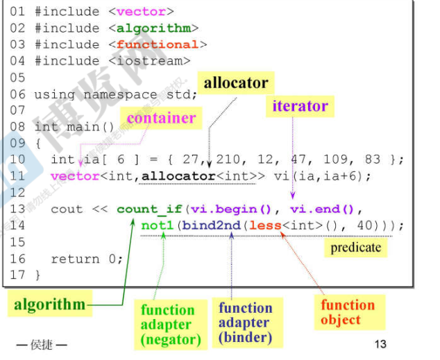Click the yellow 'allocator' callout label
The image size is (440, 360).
[x=236, y=83]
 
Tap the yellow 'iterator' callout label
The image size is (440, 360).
[x=299, y=106]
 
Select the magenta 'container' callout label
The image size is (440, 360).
[x=160, y=118]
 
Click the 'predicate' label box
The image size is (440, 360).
[x=355, y=248]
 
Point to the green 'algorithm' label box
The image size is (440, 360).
[x=50, y=304]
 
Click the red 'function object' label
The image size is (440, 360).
[x=347, y=311]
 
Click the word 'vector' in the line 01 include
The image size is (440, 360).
[x=141, y=12]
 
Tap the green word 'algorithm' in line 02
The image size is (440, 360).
[x=153, y=28]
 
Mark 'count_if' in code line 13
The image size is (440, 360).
[x=149, y=209]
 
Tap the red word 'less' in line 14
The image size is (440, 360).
[x=265, y=225]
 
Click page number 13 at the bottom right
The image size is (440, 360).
[x=380, y=343]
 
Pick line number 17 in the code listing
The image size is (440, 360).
[x=18, y=275]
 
